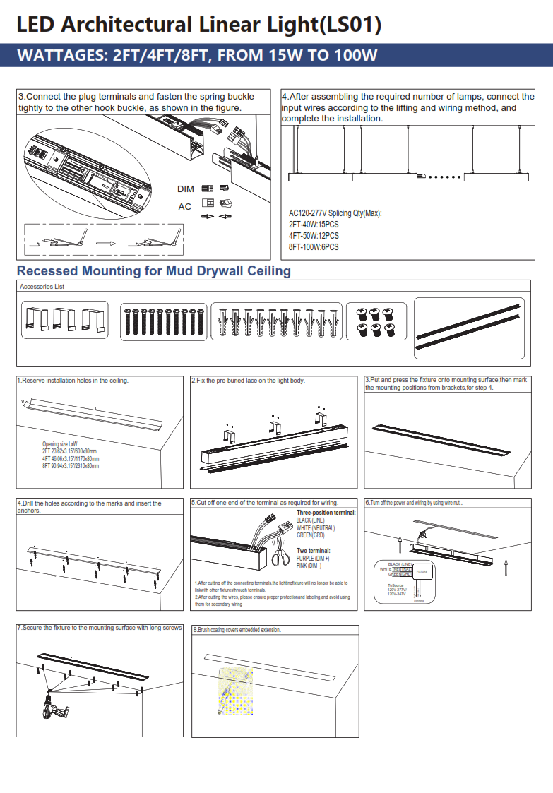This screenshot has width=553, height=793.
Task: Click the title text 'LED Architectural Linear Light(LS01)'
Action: (198, 25)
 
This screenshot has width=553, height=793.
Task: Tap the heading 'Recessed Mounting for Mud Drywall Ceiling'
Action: (153, 271)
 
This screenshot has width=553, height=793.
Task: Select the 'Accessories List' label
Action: (42, 287)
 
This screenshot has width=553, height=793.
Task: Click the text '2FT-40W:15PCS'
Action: (314, 225)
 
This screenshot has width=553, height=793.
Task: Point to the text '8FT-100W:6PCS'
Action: (314, 247)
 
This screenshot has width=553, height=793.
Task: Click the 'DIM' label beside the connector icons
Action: (185, 189)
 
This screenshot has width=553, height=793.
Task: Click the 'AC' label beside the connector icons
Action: (184, 207)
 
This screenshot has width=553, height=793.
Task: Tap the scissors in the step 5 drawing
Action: (280, 559)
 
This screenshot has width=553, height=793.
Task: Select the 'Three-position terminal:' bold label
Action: (326, 513)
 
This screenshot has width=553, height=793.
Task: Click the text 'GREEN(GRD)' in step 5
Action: (311, 535)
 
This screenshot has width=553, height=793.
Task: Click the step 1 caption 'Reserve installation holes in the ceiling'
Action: (73, 381)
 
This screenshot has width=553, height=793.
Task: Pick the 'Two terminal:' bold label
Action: (313, 551)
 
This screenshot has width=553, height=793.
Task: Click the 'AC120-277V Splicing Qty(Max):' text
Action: (335, 213)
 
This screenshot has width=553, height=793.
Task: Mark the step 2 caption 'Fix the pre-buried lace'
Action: (248, 381)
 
